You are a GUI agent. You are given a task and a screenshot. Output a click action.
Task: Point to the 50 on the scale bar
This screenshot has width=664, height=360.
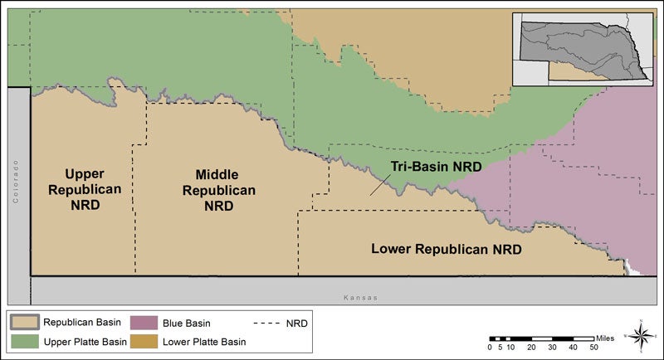tap(593, 347)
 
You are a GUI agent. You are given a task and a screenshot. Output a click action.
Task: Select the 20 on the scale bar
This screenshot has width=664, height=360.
tap(531, 347)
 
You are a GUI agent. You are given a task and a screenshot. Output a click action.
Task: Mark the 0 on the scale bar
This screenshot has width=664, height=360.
tap(490, 347)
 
